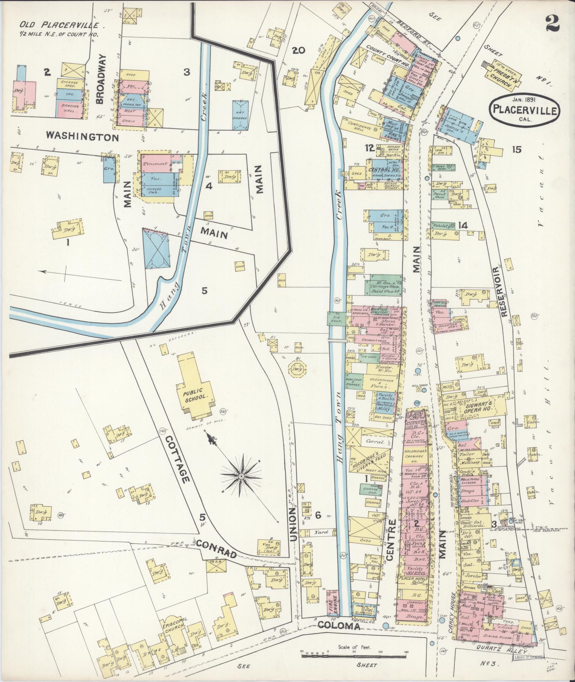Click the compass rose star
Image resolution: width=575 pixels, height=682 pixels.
click(241, 475)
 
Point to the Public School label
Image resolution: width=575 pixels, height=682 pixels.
click(195, 396)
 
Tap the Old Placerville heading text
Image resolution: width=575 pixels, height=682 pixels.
click(62, 25)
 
